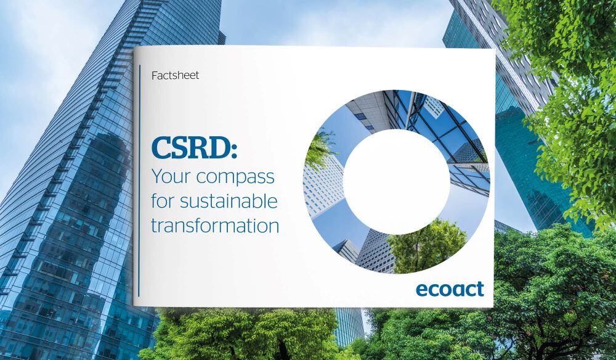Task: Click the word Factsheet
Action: pyautogui.click(x=175, y=76)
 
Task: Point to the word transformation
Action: pyautogui.click(x=214, y=225)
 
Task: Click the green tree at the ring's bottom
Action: pyautogui.click(x=419, y=247)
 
